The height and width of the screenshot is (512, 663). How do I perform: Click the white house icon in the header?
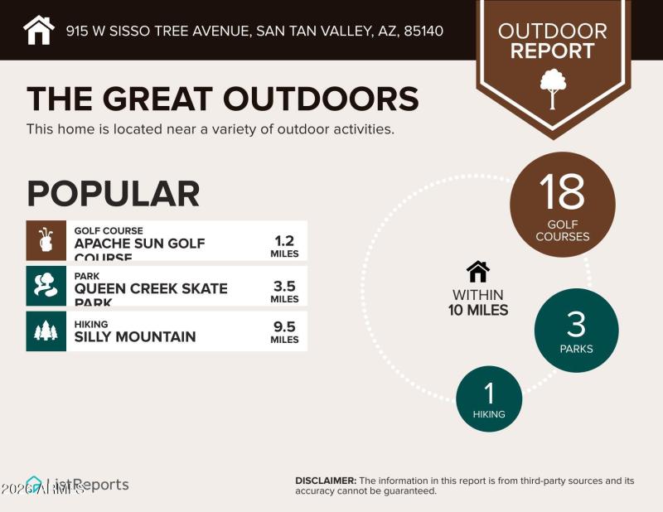tap(39, 31)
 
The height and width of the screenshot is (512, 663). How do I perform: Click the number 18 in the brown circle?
tap(562, 192)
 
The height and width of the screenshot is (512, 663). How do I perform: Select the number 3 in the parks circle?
tap(576, 323)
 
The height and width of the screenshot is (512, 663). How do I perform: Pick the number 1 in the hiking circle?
tap(489, 392)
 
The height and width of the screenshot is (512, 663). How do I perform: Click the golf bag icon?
tap(46, 241)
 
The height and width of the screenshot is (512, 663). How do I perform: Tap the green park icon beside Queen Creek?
tap(46, 286)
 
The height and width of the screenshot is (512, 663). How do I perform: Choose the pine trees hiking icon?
tap(46, 331)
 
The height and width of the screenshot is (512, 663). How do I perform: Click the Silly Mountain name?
tap(135, 336)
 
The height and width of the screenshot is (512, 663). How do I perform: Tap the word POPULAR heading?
tap(113, 193)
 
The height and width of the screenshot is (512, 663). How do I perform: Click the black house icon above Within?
tap(478, 272)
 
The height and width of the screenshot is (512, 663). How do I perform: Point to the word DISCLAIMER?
tap(326, 481)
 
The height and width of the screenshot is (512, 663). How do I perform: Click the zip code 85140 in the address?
tap(423, 31)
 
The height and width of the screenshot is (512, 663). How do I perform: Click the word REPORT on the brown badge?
tap(552, 51)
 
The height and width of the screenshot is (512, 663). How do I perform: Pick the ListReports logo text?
tap(91, 485)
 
